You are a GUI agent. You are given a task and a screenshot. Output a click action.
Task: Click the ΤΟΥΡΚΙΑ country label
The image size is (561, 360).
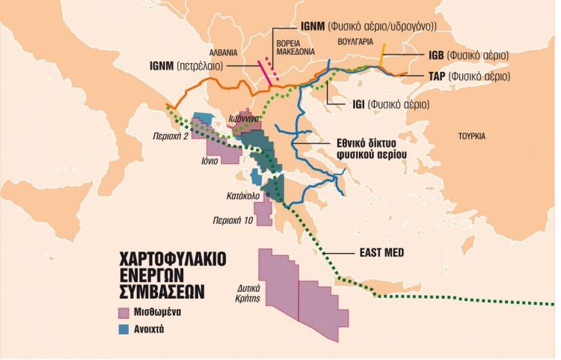[472, 136]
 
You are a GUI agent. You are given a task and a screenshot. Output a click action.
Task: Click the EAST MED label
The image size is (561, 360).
[381, 253]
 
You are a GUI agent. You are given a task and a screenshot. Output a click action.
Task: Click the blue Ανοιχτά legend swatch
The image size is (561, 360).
[124, 331]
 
